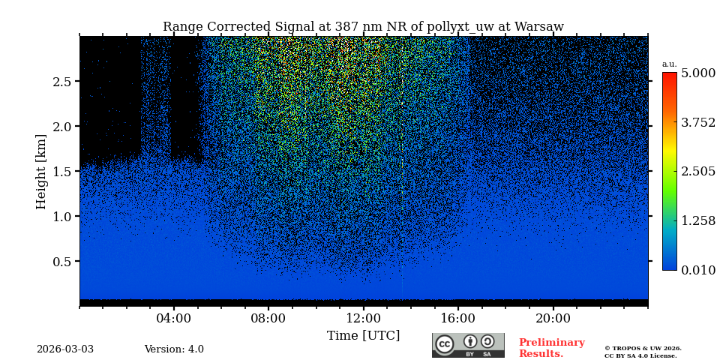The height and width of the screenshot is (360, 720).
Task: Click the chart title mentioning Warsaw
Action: (x=363, y=27)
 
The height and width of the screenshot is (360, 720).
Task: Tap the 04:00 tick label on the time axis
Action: (x=174, y=317)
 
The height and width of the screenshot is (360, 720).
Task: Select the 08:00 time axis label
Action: (x=268, y=317)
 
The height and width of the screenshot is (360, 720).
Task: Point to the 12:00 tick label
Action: (x=363, y=317)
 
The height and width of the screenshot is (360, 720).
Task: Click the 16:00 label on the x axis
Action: (x=457, y=317)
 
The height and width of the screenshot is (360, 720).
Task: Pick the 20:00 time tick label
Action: (x=553, y=317)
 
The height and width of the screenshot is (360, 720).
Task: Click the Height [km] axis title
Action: (x=41, y=172)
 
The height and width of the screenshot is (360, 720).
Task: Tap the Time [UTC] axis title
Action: (x=363, y=335)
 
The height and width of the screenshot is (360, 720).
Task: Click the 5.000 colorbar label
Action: (x=697, y=73)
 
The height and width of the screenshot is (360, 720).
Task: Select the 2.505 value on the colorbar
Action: (x=697, y=172)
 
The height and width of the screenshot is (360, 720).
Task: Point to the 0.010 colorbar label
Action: (x=697, y=270)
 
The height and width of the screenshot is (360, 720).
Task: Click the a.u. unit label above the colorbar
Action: (x=669, y=64)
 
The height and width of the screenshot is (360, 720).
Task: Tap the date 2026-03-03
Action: (x=65, y=349)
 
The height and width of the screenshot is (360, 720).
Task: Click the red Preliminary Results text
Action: (x=551, y=348)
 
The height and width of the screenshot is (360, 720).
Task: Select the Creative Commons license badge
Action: (x=468, y=345)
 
